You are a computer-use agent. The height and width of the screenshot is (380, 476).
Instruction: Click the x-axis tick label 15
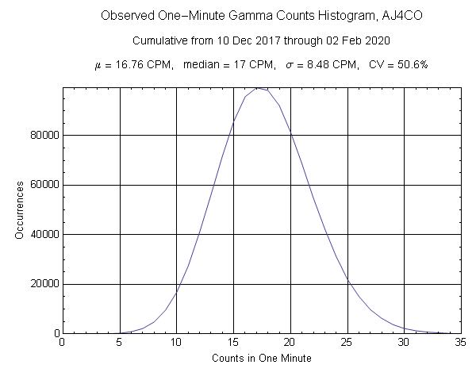pyautogui.click(x=233, y=344)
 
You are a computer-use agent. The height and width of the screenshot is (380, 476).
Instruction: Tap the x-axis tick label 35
pyautogui.click(x=461, y=344)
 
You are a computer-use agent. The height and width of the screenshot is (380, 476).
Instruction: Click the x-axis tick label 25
pyautogui.click(x=347, y=344)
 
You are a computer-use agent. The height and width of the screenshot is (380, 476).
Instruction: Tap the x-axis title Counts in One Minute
pyautogui.click(x=261, y=358)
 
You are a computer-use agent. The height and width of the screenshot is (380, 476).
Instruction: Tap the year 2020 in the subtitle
pyautogui.click(x=374, y=40)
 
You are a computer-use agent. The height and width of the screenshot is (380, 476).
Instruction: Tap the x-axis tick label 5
pyautogui.click(x=119, y=344)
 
